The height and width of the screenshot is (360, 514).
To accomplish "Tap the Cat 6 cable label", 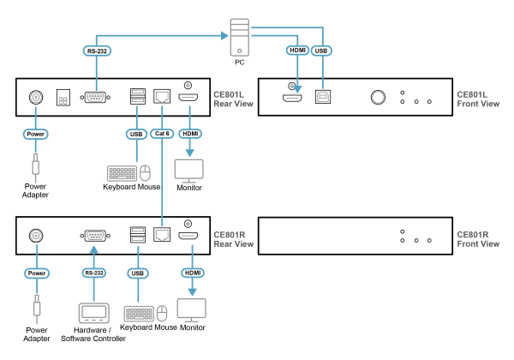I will click(x=161, y=134).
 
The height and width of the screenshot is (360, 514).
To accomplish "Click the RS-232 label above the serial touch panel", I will click(x=93, y=273).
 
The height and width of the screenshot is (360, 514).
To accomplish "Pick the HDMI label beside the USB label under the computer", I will click(x=297, y=51).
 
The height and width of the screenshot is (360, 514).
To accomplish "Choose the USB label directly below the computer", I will click(x=321, y=51).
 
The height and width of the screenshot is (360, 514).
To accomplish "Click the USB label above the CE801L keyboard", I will click(x=136, y=134).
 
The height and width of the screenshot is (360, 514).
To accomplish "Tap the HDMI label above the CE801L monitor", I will click(x=189, y=134).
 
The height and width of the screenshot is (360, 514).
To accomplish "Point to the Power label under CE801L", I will click(x=35, y=134).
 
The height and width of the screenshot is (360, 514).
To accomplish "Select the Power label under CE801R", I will click(x=36, y=273).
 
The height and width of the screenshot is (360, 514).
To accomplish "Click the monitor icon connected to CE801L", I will click(x=189, y=170).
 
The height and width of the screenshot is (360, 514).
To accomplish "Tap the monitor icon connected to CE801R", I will click(x=191, y=309).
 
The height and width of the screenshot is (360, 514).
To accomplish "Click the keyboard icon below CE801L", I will click(x=122, y=173).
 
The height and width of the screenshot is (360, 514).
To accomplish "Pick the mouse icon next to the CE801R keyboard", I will click(x=162, y=313).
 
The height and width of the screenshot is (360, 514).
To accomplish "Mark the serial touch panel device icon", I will click(x=93, y=313).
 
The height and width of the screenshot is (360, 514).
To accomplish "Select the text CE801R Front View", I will click(x=478, y=238).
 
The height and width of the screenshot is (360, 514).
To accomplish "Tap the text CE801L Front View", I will click(x=478, y=99).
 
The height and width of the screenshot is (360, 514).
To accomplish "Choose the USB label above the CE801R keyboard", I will click(x=138, y=273).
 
